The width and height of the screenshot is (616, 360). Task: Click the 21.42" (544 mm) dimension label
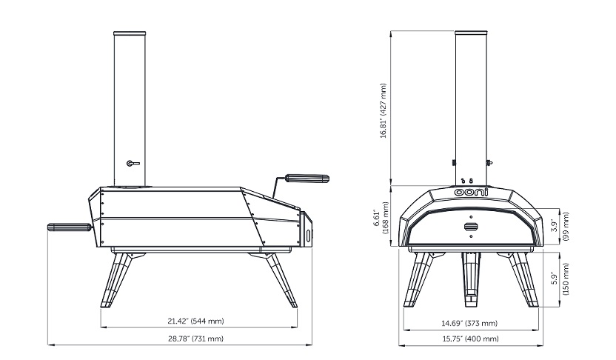click(x=195, y=321)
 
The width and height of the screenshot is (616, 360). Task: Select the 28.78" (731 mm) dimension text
click(x=195, y=339)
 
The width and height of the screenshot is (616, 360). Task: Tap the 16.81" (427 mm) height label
click(x=384, y=110)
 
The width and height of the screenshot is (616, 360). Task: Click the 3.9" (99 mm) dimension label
click(x=560, y=227)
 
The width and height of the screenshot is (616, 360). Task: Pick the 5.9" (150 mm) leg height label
click(x=560, y=279)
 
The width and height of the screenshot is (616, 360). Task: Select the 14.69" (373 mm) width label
click(x=469, y=324)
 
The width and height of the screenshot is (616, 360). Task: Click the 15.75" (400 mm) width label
click(x=470, y=339)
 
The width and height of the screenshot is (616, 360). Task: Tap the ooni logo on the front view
click(x=472, y=192)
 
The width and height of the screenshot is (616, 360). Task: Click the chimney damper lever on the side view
click(x=133, y=164)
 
